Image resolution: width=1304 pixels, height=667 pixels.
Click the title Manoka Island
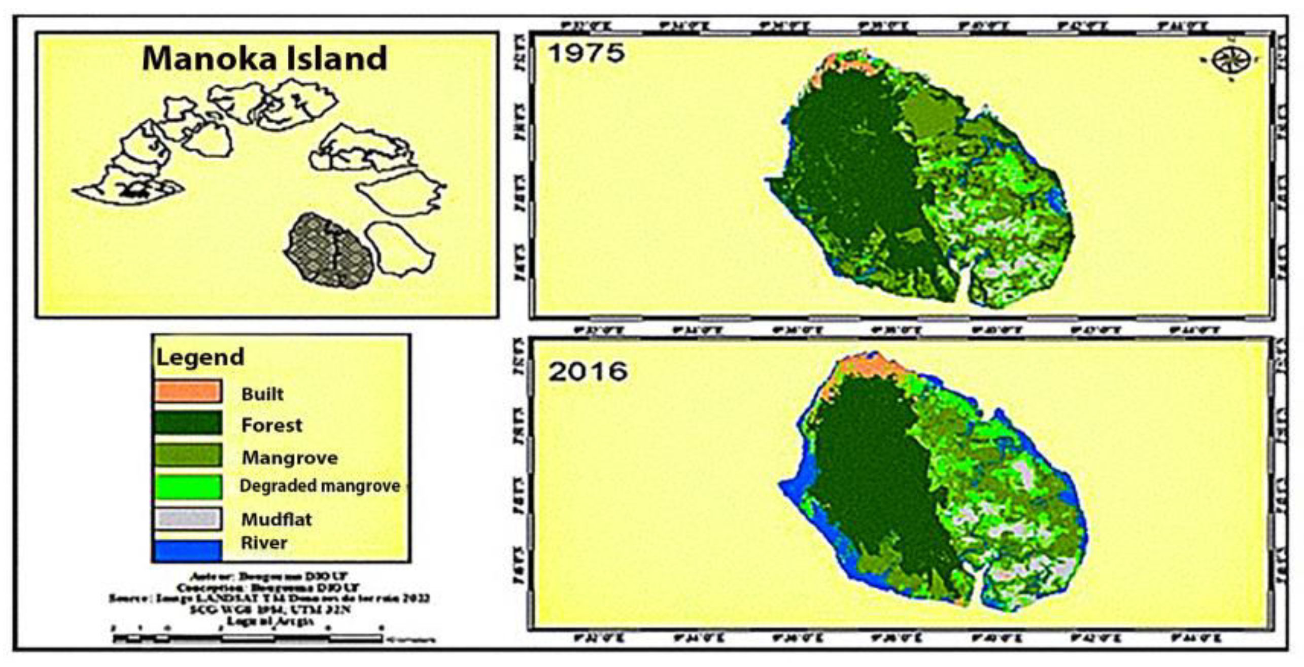(x=264, y=58)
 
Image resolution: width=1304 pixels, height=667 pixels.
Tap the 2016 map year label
(x=588, y=371)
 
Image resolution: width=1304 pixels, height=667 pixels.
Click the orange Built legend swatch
(x=188, y=392)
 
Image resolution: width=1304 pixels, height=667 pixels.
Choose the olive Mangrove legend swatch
(x=188, y=455)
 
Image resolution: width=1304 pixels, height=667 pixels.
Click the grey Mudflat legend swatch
(x=188, y=519)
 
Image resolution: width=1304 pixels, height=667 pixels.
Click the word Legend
(x=200, y=357)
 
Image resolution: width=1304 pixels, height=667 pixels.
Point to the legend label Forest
(x=271, y=425)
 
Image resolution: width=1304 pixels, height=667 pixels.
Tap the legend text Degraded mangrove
(x=320, y=486)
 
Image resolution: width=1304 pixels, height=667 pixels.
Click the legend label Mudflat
(x=276, y=519)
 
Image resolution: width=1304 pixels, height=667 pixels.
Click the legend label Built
(x=262, y=394)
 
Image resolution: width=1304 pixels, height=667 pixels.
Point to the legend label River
(x=264, y=543)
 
